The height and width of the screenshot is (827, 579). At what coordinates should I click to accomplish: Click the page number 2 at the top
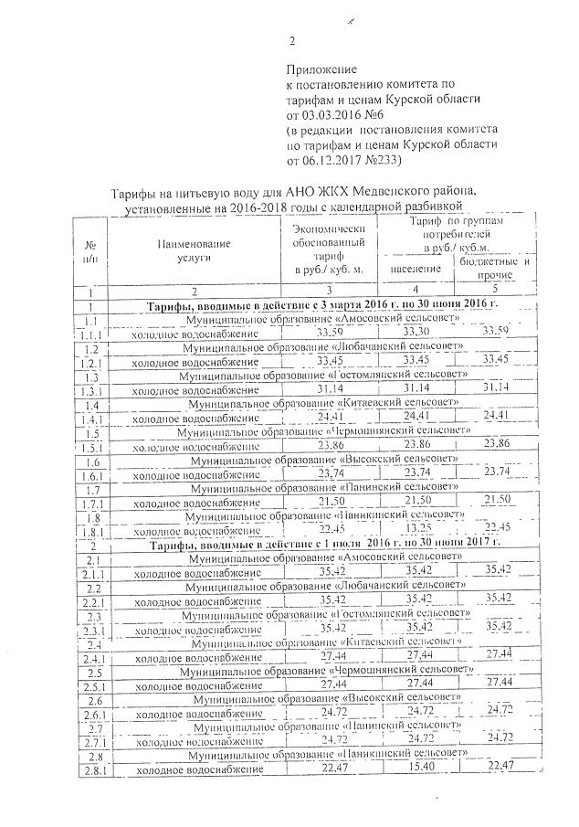292,40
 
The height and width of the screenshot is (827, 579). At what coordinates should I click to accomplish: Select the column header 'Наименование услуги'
193,251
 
